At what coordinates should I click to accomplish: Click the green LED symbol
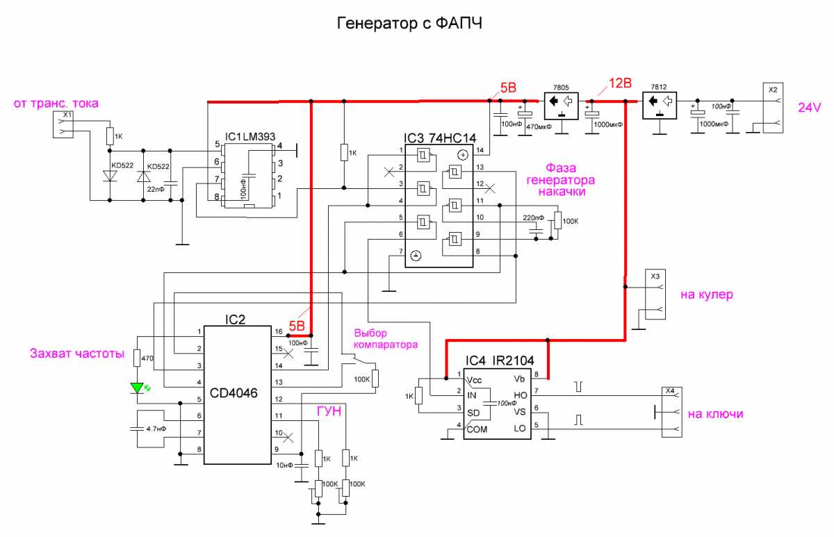point(138,388)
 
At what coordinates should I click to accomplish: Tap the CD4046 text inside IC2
point(234,393)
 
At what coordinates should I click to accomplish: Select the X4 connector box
point(671,413)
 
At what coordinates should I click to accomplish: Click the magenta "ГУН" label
point(329,412)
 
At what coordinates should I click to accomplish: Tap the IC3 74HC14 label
point(440,137)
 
